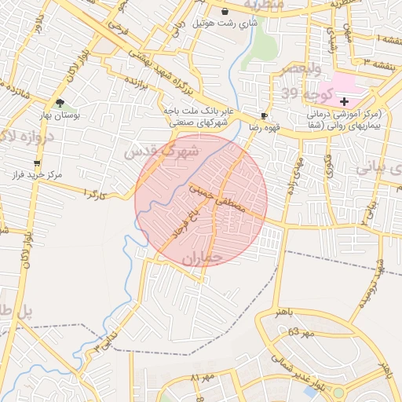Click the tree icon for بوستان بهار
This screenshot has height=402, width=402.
coord(60,103)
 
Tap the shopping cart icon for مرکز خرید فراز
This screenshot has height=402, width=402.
coord(37,163)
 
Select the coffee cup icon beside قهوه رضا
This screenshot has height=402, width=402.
coord(264,115)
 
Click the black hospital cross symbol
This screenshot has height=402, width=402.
coord(344,101)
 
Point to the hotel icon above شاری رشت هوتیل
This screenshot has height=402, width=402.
coord(225,12)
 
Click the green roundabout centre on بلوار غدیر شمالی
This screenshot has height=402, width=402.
coord(339,392)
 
